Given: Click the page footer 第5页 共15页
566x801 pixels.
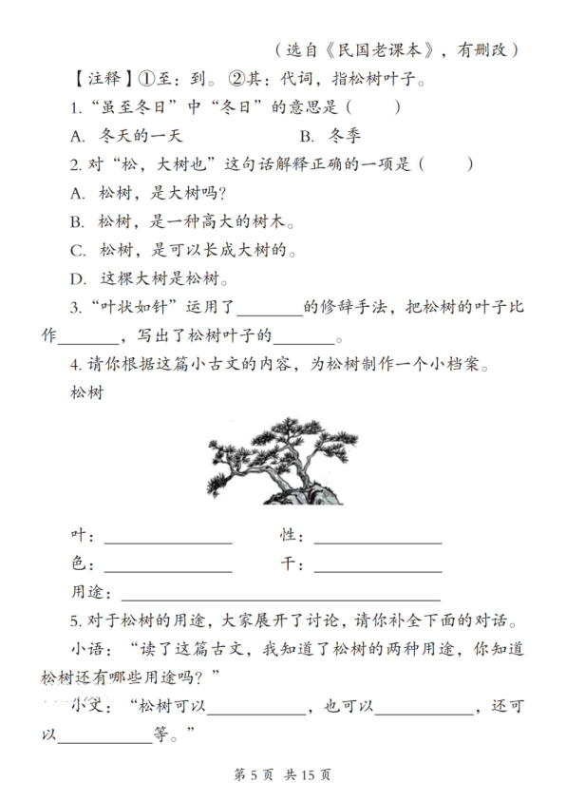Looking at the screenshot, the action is [x=282, y=773].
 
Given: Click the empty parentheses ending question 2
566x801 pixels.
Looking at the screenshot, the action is [x=445, y=164].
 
